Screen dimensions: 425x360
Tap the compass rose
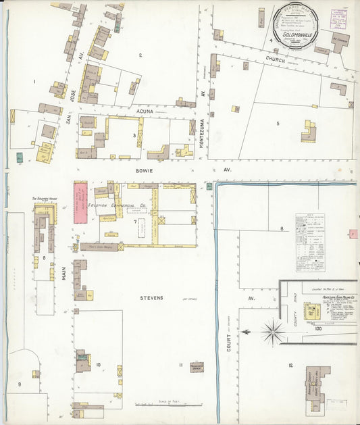click(273, 331)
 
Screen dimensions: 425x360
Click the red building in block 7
click(80, 201)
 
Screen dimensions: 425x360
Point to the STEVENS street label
click(151, 298)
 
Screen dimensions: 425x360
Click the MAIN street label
click(65, 272)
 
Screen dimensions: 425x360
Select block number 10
click(98, 366)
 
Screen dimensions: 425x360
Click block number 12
click(290, 366)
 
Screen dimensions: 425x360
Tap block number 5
click(278, 123)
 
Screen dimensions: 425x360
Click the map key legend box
click(310, 242)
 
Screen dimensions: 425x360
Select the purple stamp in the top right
click(338, 19)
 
